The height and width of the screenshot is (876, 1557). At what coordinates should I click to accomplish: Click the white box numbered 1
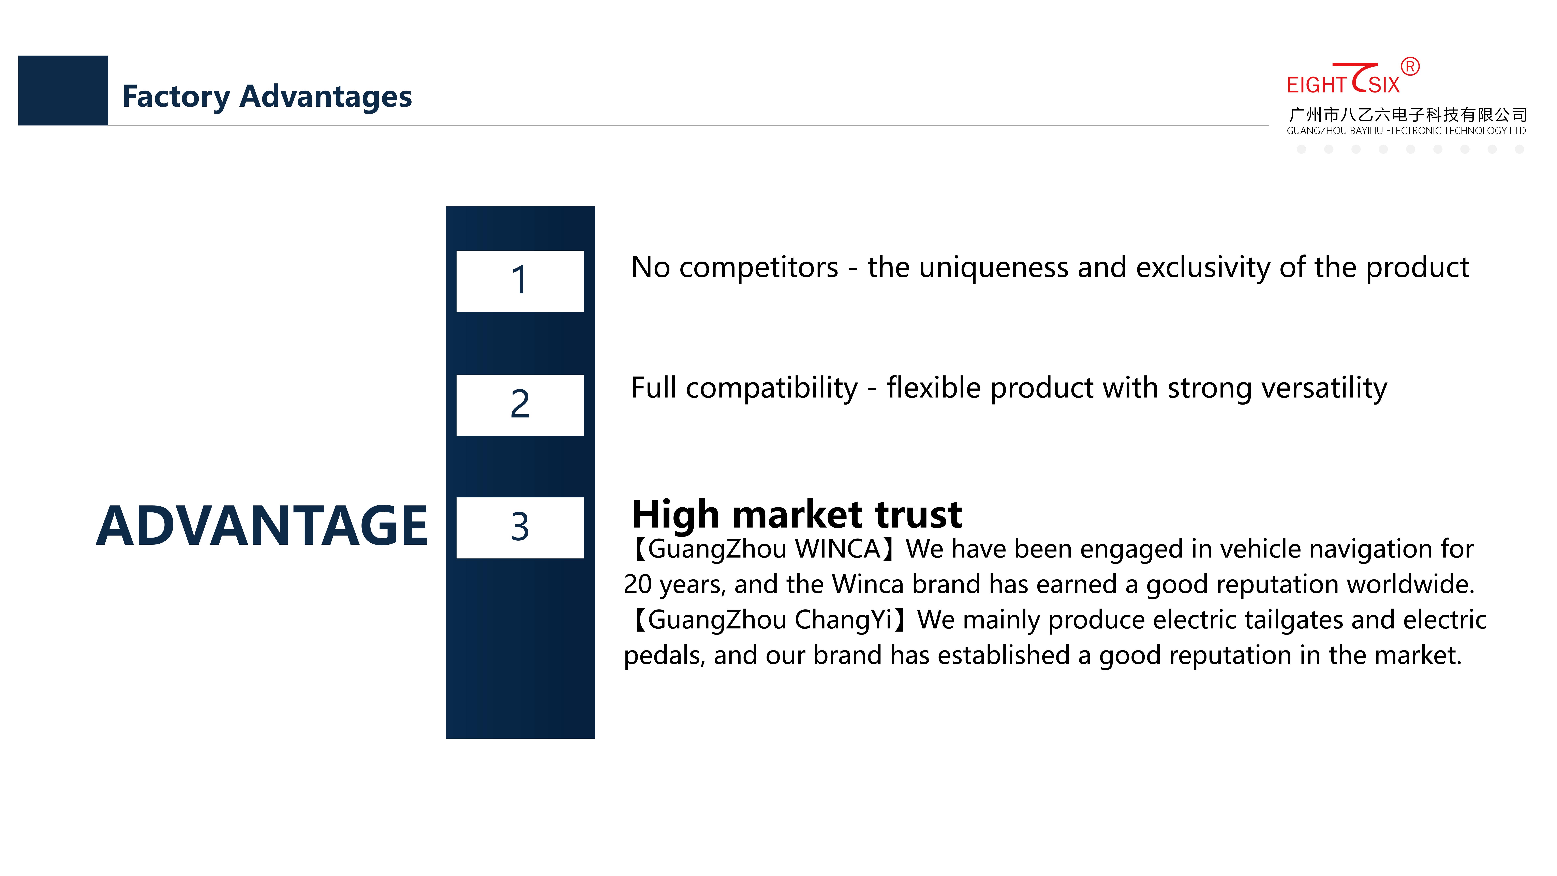[x=520, y=281]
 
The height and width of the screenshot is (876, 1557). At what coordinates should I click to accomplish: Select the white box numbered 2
[x=520, y=405]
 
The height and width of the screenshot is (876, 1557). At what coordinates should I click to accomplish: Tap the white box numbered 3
[x=520, y=528]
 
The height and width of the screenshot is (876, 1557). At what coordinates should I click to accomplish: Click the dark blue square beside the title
[x=63, y=90]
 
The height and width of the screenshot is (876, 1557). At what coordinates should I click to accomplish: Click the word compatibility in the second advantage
[x=771, y=388]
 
